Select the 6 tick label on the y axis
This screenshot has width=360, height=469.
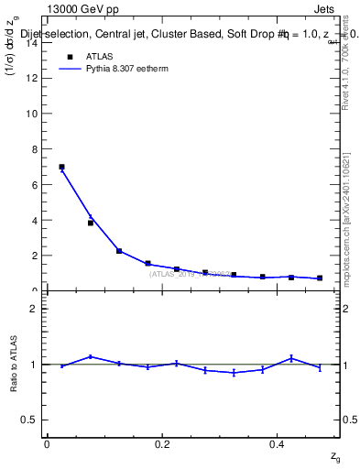[x=34, y=184]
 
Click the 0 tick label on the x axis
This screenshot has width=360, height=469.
[x=47, y=444]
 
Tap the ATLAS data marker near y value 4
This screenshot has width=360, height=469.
[x=91, y=223]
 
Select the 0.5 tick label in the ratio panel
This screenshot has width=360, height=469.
[x=30, y=420]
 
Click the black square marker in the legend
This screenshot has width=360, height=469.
[x=69, y=57]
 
